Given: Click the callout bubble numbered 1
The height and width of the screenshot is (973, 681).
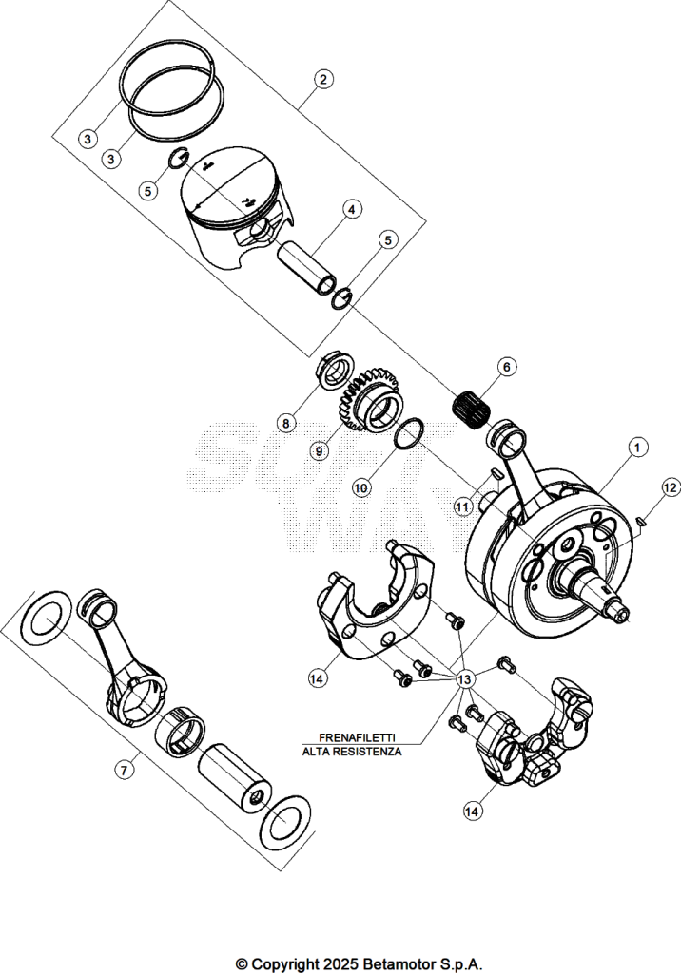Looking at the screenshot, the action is coord(637,447).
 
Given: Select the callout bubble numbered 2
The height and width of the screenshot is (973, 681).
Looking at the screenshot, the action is coord(323,79).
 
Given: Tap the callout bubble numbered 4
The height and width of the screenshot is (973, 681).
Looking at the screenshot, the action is coord(352,209).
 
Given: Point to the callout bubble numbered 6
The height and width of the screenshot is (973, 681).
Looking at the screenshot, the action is coord(506,367).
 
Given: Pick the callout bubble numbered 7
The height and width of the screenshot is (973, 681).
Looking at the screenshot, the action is coord(125,770).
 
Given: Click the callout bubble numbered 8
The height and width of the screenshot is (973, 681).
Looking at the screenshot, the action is coord(286,424).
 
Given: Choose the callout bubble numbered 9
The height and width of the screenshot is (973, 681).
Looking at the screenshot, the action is coord(319,451).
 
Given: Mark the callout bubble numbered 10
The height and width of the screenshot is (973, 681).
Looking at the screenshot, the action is coord(361,488).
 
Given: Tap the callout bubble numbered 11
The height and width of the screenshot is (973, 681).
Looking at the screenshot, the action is coord(462,506).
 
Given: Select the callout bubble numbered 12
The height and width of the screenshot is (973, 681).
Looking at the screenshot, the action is coord(671,487).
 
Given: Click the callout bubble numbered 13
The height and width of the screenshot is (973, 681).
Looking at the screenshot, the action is coord(464,680).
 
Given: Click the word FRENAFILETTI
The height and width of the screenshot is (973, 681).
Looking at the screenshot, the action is coord(357,737).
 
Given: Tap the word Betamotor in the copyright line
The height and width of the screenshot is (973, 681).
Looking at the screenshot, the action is coord(395,964).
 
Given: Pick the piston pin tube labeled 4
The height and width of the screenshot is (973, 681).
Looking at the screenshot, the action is coord(309,268).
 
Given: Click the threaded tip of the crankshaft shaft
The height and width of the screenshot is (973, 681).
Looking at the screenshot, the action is coord(621,613).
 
